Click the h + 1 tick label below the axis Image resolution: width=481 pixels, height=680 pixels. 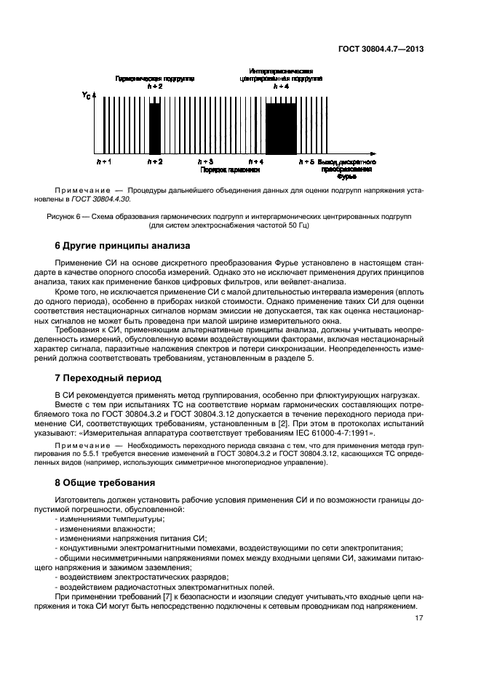pyautogui.click(x=105, y=160)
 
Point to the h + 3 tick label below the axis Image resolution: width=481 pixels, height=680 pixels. pyautogui.click(x=206, y=160)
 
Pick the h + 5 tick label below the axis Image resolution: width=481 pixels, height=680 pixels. pyautogui.click(x=307, y=160)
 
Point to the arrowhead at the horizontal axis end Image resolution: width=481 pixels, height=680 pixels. pyautogui.click(x=373, y=153)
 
